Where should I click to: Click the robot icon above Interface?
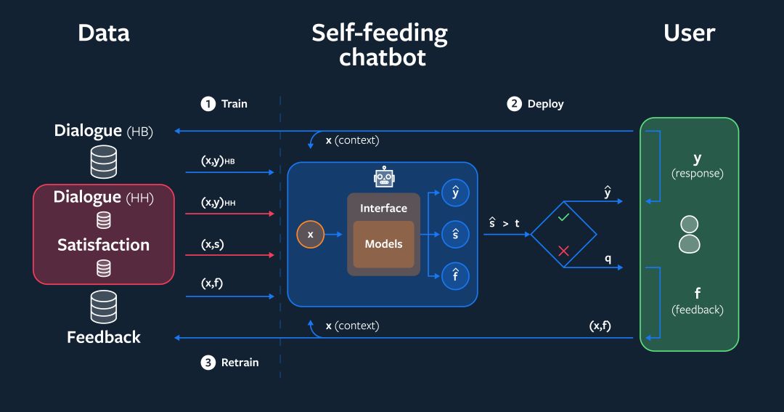coord(383,177)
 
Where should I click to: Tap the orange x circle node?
coord(311,235)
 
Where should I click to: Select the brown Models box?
coord(383,244)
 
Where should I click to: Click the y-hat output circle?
coord(455,193)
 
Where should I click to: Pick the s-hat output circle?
coord(455,235)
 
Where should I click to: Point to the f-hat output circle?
coord(455,275)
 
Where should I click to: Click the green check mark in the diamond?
coord(563,217)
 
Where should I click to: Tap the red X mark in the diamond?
coord(563,251)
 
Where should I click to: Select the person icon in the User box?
coord(689,234)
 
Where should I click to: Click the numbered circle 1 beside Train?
coord(208,104)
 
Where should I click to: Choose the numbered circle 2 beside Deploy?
coord(514,104)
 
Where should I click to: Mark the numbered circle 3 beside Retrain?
coord(208,363)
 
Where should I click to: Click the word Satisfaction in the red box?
coord(104,245)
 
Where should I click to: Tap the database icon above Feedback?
coord(104,307)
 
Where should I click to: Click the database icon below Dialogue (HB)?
coord(104,161)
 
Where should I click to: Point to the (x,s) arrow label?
coord(212,245)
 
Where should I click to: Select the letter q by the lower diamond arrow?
coord(608,258)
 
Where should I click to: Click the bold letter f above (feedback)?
coord(698,293)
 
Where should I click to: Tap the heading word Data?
coord(104,33)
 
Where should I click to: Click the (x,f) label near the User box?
coord(600,326)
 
